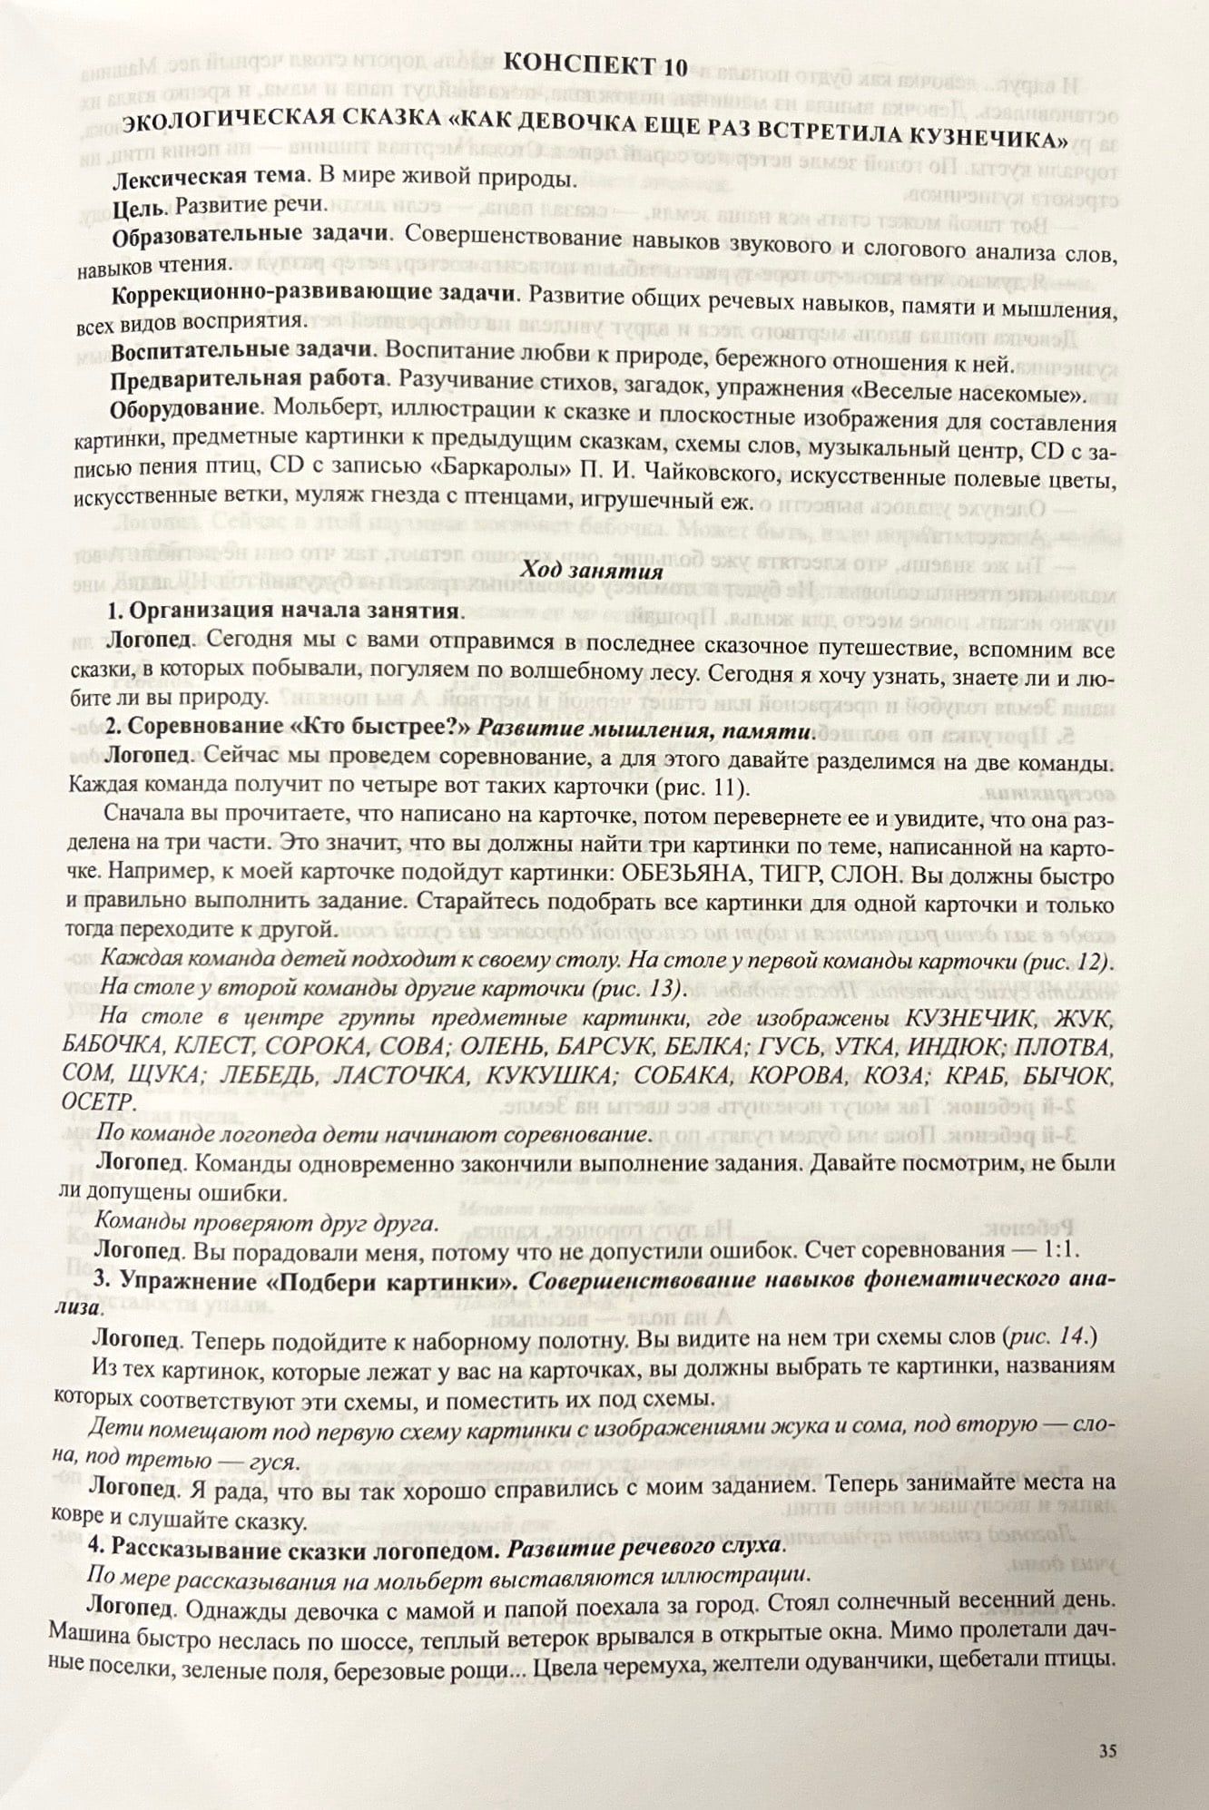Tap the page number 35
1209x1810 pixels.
coord(1106,1750)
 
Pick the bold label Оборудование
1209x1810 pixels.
coord(186,408)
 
